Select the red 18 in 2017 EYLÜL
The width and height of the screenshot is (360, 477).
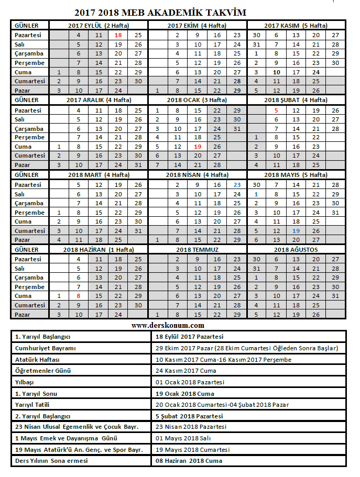tap(118, 35)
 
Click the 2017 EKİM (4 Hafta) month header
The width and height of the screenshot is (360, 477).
tap(197, 25)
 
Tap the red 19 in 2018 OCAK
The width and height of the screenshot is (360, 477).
tap(197, 146)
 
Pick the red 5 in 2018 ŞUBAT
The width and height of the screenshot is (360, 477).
tap(276, 110)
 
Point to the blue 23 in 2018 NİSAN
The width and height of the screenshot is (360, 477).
tap(237, 184)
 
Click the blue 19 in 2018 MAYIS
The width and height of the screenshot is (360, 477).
tap(296, 230)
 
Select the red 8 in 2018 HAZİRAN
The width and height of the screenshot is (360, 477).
tap(79, 296)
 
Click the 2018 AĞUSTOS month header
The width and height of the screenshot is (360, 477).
tap(296, 250)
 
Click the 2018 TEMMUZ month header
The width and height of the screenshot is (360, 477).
tap(197, 250)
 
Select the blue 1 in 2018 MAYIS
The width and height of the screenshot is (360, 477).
tap(256, 194)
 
